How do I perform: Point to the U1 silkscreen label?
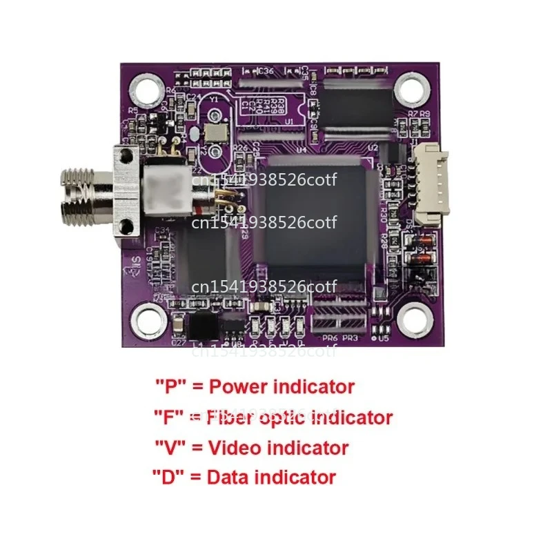289,121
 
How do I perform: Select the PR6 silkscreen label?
331,338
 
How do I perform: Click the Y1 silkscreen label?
214,99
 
